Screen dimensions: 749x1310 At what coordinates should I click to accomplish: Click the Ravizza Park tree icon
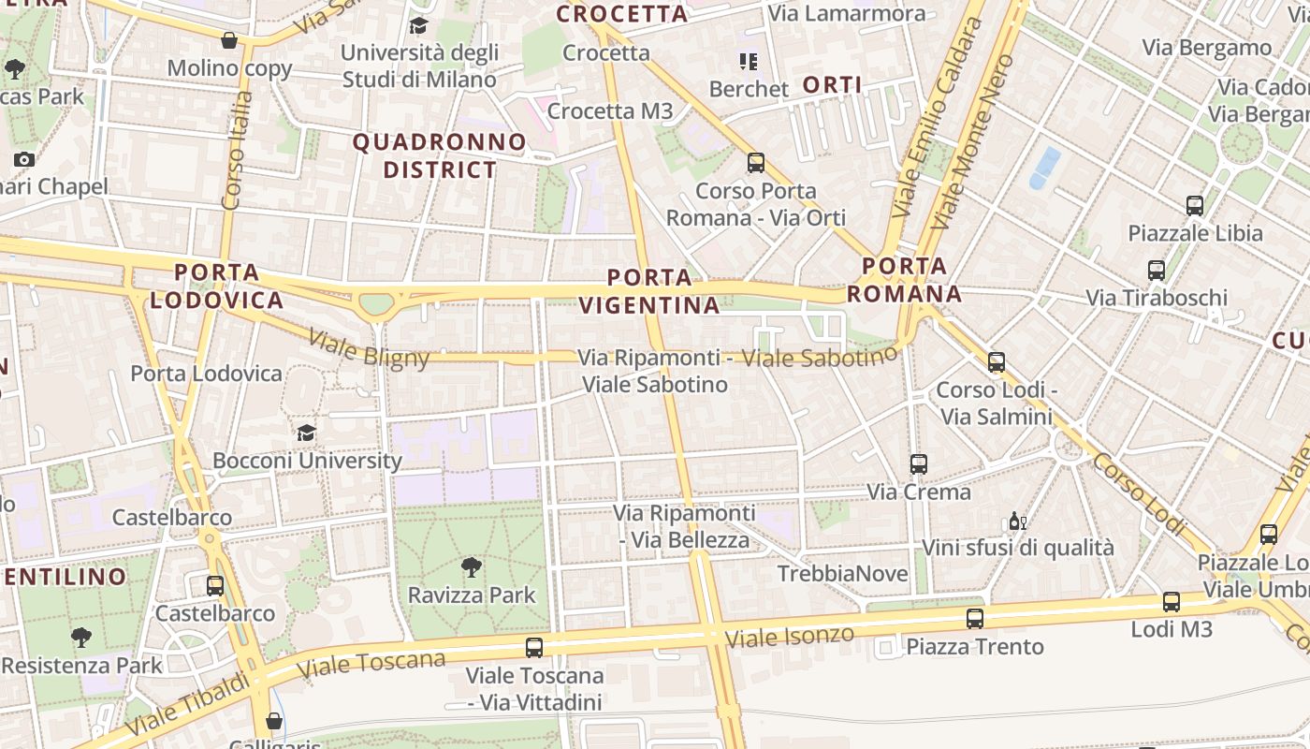tap(472, 566)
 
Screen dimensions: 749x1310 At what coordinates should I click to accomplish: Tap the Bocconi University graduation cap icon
tap(306, 433)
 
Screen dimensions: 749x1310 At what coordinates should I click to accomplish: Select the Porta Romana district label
tap(904, 280)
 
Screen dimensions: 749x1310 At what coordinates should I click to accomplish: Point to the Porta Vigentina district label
tap(649, 291)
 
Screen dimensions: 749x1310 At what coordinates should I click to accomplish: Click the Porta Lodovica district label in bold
tap(216, 286)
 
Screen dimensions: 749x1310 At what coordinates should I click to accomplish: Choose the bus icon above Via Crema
tap(918, 463)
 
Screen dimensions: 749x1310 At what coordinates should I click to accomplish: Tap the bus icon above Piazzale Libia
tap(1194, 205)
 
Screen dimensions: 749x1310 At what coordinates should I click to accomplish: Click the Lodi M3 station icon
tap(1171, 602)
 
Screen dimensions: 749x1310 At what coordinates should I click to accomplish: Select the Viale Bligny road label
tap(368, 350)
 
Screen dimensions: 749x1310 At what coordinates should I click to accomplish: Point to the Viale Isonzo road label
tap(790, 637)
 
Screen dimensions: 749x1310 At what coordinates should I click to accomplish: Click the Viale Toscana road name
tap(371, 664)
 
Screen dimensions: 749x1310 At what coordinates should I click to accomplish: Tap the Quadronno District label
tap(440, 156)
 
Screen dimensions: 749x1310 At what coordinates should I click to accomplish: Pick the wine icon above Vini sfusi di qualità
tap(1016, 521)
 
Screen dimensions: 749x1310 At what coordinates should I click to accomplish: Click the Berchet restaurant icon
tap(748, 62)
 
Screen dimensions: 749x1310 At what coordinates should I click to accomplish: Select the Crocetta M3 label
tap(610, 111)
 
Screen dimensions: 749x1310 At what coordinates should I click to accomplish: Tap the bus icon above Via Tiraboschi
tap(1156, 271)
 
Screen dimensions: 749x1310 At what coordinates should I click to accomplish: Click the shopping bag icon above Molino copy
tap(228, 40)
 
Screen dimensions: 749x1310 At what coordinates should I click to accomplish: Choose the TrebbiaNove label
tap(842, 573)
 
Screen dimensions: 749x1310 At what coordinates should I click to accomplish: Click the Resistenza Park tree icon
tap(81, 638)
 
